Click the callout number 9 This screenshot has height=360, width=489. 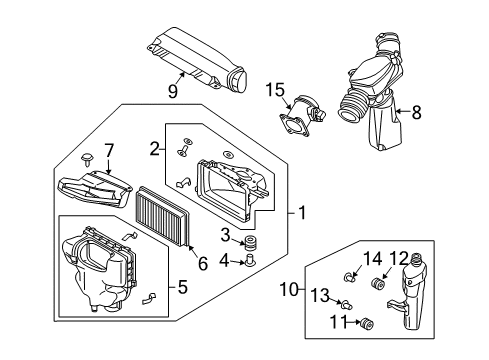[173, 91]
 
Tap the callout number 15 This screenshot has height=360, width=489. [275, 90]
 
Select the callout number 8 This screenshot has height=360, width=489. [416, 112]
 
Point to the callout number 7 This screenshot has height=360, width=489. [109, 151]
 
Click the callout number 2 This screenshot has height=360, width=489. [154, 149]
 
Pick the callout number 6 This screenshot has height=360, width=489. [203, 263]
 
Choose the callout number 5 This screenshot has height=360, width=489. [182, 287]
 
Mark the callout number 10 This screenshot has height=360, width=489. [289, 289]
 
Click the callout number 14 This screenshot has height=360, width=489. [372, 259]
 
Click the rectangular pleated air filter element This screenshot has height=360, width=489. [163, 216]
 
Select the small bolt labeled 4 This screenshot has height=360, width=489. [250, 260]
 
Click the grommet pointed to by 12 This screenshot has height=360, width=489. [378, 283]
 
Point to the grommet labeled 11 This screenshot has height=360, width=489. [367, 324]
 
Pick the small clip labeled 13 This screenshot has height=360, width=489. [347, 304]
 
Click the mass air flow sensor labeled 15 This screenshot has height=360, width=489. [302, 116]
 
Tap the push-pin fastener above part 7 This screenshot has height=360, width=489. [87, 159]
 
